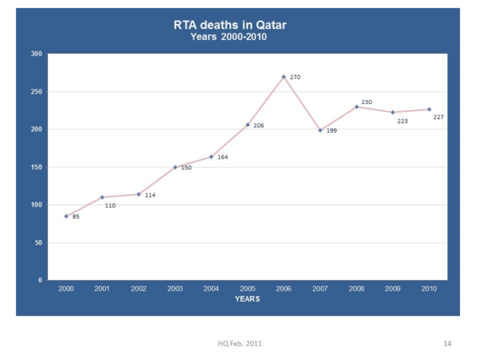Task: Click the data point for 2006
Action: click(x=283, y=77)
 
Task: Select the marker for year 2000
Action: click(x=66, y=216)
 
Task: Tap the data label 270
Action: click(x=295, y=77)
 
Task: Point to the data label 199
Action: click(x=331, y=131)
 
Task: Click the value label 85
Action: click(x=76, y=217)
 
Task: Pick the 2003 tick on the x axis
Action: click(x=175, y=289)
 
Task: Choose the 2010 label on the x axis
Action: click(x=429, y=289)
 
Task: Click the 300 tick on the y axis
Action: click(x=37, y=54)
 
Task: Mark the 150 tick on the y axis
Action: click(x=37, y=167)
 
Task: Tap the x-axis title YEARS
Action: click(x=247, y=299)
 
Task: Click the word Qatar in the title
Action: click(x=269, y=26)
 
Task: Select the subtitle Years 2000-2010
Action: click(x=229, y=37)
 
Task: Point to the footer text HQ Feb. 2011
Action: click(x=240, y=343)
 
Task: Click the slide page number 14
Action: click(x=447, y=343)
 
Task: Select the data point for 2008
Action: click(x=356, y=107)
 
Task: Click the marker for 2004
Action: click(x=211, y=157)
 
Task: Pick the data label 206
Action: click(x=259, y=125)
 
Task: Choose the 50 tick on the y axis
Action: click(x=39, y=243)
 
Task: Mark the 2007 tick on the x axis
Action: click(x=320, y=289)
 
